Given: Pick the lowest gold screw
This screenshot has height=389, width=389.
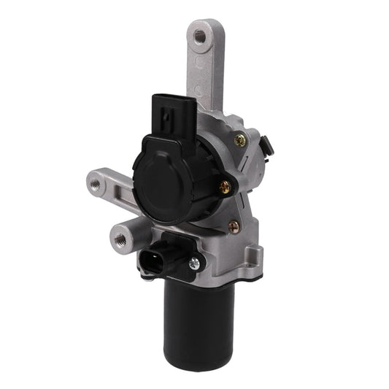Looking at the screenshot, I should (x=234, y=227).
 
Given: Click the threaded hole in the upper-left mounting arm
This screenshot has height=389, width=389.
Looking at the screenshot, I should (x=95, y=182).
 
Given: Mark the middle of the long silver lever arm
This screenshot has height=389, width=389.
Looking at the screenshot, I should (x=209, y=69).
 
